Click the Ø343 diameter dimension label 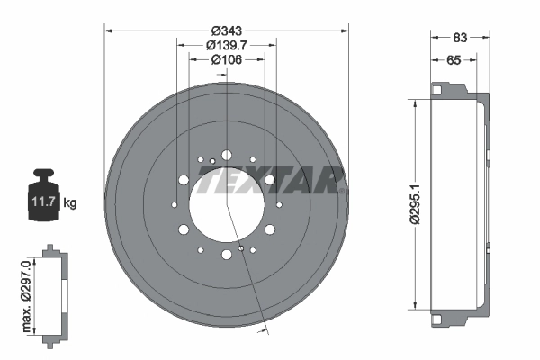pos(227,31)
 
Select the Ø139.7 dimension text pos(227,45)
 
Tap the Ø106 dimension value pos(227,59)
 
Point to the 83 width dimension pos(460,38)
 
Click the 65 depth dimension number pos(454,60)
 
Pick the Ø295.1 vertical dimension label pos(415,204)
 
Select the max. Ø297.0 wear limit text pos(26,296)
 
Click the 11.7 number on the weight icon pos(43,202)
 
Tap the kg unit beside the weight pos(70,203)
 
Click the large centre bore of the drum pos(227,204)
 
